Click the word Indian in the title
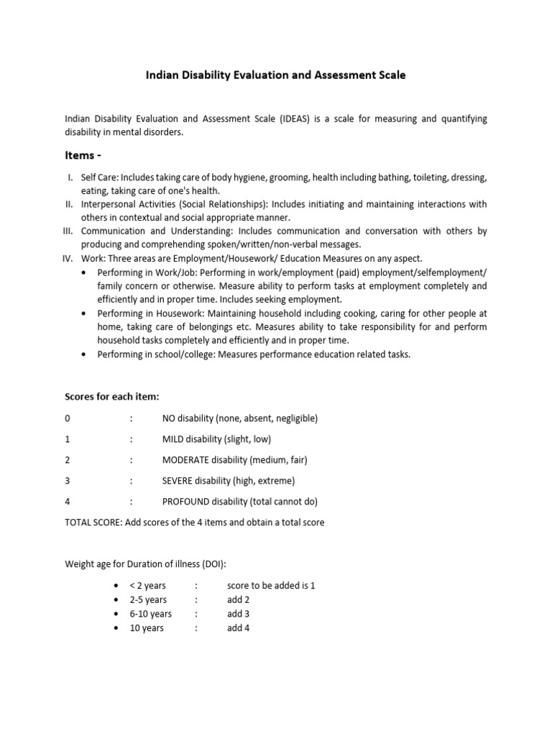click(162, 75)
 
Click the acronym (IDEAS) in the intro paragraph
click(297, 119)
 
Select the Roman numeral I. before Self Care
click(72, 177)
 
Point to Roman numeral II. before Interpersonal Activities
click(70, 204)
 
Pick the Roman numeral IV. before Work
click(70, 259)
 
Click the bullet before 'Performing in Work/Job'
click(85, 272)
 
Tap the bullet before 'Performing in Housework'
click(85, 313)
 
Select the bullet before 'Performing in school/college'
click(85, 354)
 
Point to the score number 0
click(68, 418)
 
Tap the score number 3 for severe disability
click(68, 481)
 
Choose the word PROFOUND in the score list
click(185, 502)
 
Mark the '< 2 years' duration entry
click(147, 586)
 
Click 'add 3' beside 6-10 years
click(238, 614)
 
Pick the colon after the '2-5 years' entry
click(195, 600)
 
